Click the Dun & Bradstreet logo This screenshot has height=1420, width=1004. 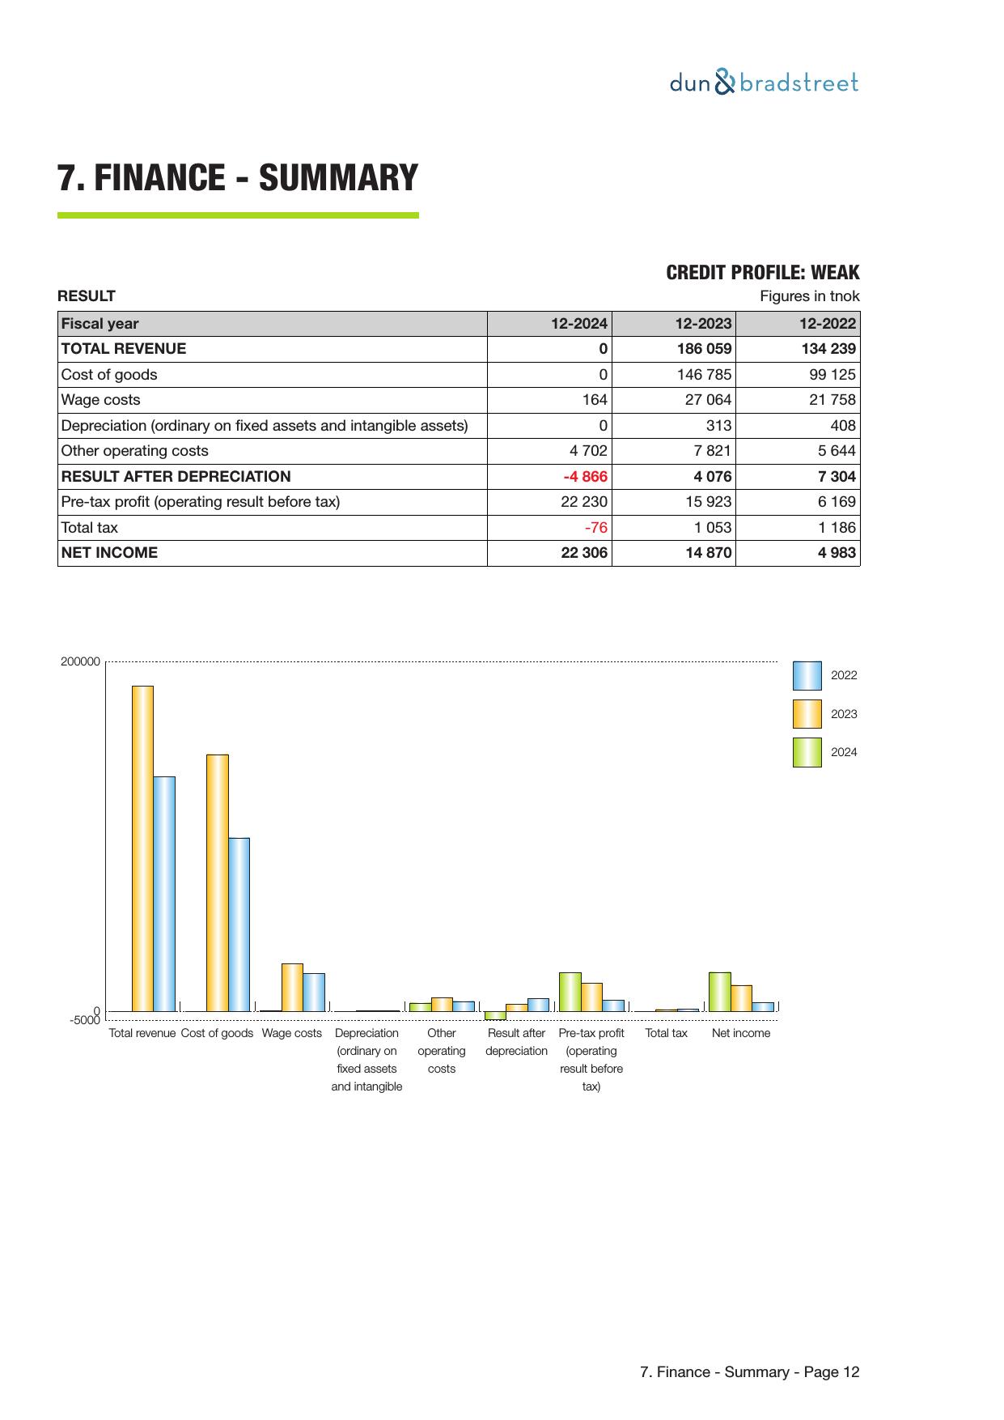[x=764, y=83]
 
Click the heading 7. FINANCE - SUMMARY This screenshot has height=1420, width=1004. [x=238, y=178]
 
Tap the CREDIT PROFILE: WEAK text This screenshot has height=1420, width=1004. [x=762, y=272]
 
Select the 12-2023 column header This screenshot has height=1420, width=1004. [x=703, y=324]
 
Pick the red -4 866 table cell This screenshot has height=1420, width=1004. [x=585, y=477]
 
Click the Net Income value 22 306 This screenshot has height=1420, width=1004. [x=584, y=553]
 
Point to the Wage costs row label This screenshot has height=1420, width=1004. [x=101, y=400]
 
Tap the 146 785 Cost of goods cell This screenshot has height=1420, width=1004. [x=704, y=375]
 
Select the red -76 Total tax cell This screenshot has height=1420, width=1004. [x=595, y=528]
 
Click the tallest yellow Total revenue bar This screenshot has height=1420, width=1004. [x=142, y=848]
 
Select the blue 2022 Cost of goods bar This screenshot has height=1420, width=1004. [x=239, y=924]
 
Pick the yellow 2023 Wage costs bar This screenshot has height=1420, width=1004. [x=292, y=987]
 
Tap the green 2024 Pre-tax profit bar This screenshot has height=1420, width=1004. [x=570, y=991]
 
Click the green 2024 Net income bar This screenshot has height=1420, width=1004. [x=719, y=991]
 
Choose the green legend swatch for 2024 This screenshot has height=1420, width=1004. [x=807, y=752]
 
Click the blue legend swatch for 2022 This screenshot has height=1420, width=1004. [x=807, y=675]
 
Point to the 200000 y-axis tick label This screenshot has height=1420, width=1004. [x=81, y=661]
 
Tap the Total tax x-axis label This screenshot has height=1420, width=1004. [x=666, y=1033]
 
